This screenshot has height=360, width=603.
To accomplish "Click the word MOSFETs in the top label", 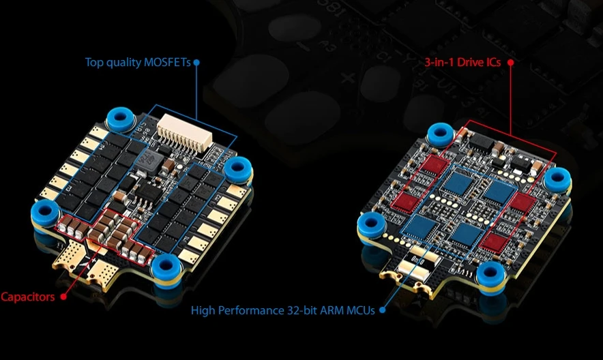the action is click(x=168, y=62).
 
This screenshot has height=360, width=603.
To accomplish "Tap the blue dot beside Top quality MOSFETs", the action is click(x=196, y=62).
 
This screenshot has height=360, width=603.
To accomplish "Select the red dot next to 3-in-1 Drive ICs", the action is click(x=510, y=62).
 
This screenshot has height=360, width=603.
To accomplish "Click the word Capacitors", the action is click(x=28, y=297).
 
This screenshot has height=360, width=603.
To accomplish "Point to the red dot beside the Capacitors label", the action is click(x=63, y=297).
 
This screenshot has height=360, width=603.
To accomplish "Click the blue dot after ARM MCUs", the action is click(x=382, y=310).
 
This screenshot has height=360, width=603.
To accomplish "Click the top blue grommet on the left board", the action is click(x=121, y=119).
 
